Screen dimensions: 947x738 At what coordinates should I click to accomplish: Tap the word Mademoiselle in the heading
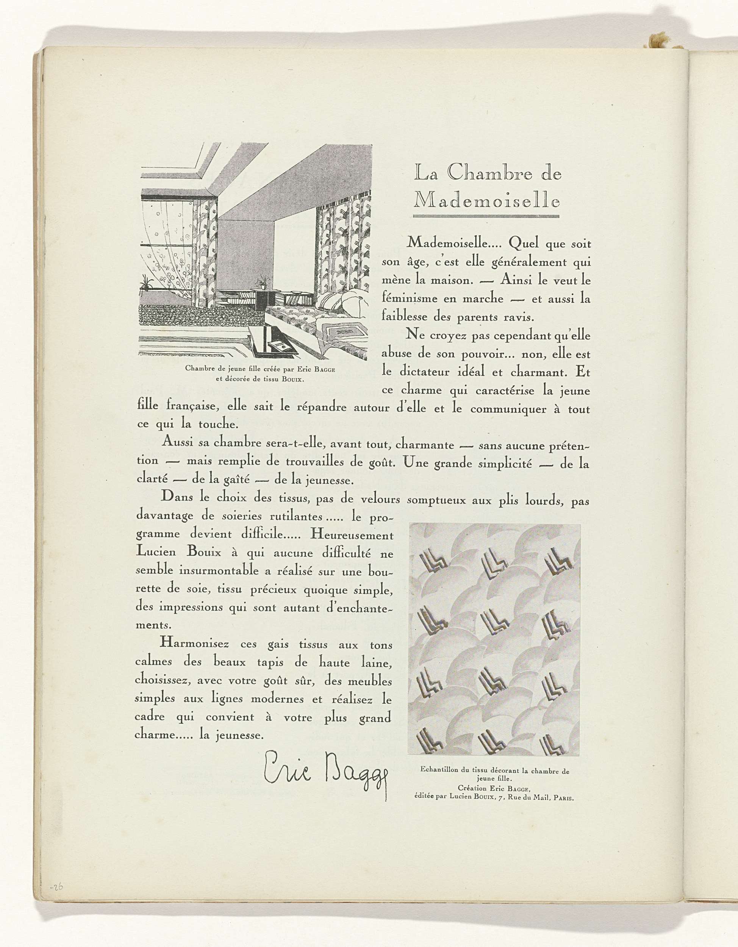point(486,201)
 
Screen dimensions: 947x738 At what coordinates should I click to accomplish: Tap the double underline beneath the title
point(486,216)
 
